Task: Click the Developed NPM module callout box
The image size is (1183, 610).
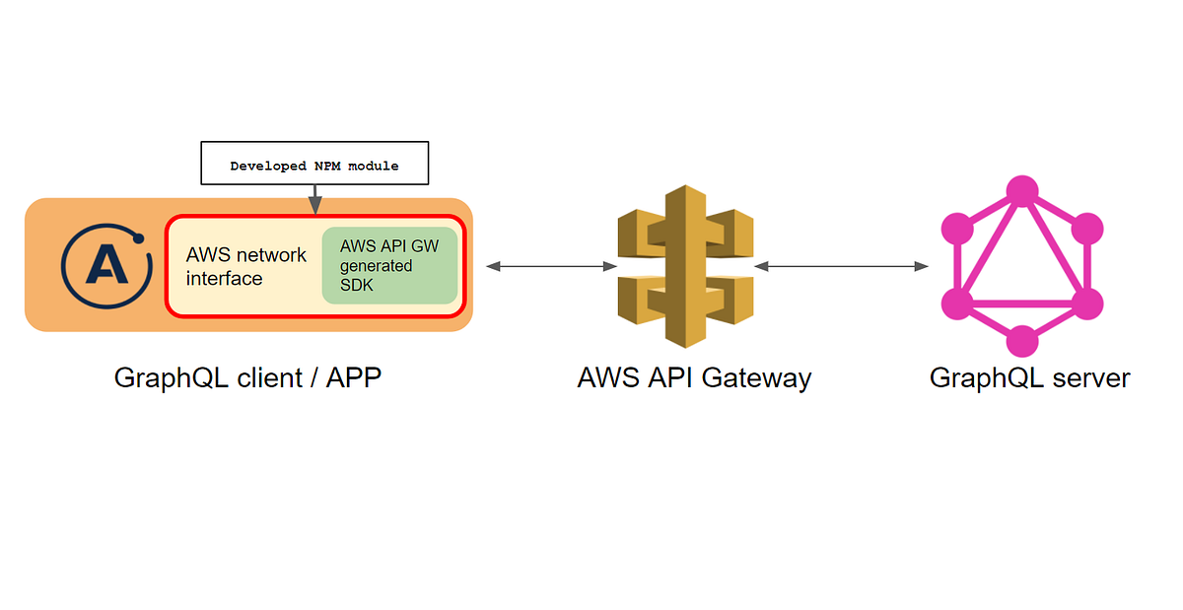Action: [x=314, y=164]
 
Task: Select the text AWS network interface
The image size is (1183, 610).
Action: [x=245, y=266]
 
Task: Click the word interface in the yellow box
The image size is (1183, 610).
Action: [x=224, y=279]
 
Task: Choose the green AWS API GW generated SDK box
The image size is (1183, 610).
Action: [x=389, y=266]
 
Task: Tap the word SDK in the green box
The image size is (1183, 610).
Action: [x=357, y=285]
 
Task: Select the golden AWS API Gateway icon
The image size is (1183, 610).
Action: [x=684, y=265]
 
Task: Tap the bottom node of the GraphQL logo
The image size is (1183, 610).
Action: [x=1021, y=341]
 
